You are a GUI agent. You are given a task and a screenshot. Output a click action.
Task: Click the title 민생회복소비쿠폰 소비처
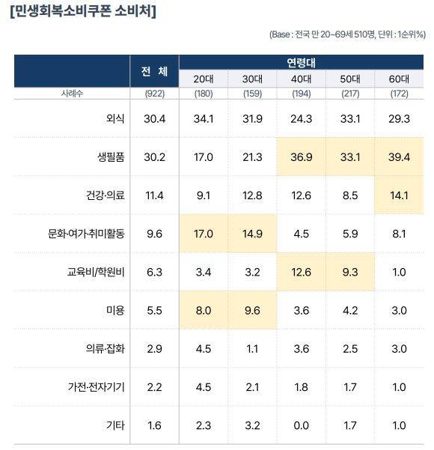[x=83, y=12]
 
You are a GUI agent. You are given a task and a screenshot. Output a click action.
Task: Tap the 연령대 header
[x=302, y=62]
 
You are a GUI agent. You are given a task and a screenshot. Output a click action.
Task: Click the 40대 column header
[x=302, y=79]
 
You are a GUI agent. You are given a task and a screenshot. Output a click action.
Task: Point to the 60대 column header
[x=399, y=79]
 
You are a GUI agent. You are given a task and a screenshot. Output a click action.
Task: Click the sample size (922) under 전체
[x=154, y=94]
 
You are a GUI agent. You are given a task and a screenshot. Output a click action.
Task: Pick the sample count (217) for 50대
[x=350, y=94]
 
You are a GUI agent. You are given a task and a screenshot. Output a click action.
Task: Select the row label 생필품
[x=110, y=156]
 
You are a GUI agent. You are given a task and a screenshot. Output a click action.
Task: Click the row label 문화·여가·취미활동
[x=86, y=233]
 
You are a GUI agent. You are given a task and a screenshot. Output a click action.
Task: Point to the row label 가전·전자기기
[x=97, y=386]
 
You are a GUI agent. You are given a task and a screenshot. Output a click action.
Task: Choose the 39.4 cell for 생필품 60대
[x=399, y=156]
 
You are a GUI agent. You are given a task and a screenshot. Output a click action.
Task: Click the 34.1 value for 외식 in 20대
[x=204, y=118]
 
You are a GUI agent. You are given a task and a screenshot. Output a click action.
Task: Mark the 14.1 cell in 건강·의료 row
[x=399, y=195]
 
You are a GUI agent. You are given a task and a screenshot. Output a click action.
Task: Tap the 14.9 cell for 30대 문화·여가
[x=252, y=233]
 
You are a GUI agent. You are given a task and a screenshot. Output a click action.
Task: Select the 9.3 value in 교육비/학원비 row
[x=350, y=271]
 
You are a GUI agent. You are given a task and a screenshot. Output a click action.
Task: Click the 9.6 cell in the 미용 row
[x=252, y=309]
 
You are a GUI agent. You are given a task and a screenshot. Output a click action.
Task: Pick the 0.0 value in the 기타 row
[x=302, y=425]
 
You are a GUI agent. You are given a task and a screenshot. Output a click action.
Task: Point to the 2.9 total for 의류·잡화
[x=154, y=348]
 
